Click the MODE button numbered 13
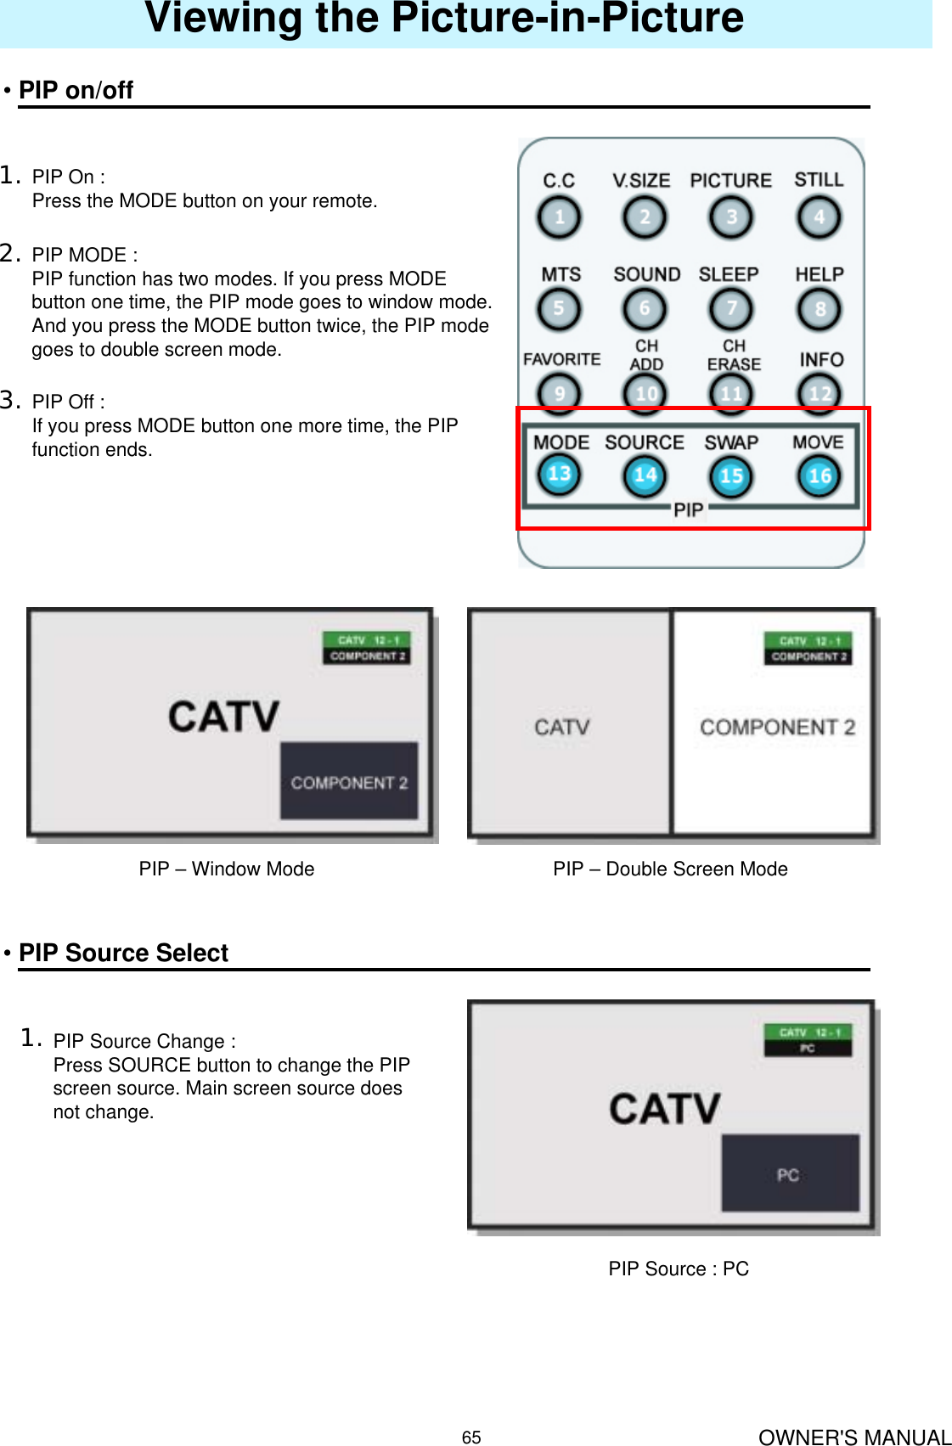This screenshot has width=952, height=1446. click(x=559, y=475)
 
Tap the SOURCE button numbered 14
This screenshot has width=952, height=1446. click(x=645, y=475)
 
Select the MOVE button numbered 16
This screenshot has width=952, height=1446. click(x=819, y=475)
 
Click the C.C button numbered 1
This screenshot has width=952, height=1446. click(x=559, y=217)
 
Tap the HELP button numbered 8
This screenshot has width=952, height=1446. click(x=819, y=309)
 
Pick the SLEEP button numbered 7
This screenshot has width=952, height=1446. click(x=730, y=309)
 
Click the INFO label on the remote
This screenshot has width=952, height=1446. click(x=820, y=359)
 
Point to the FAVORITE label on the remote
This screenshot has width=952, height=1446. click(x=561, y=359)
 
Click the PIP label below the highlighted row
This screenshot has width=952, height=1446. click(x=688, y=509)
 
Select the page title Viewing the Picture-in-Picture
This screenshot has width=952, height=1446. click(x=444, y=19)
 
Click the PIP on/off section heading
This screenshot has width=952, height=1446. click(x=76, y=90)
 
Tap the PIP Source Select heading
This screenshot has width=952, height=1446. click(x=123, y=953)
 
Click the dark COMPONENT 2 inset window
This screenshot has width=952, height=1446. click(x=349, y=781)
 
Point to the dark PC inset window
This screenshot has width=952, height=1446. click(x=790, y=1174)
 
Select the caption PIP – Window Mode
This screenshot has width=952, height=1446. click(x=227, y=869)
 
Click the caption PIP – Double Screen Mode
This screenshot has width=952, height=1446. click(x=670, y=869)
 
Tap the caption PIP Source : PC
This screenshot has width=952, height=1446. click(x=679, y=1269)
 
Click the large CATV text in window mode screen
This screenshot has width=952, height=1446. click(x=223, y=716)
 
